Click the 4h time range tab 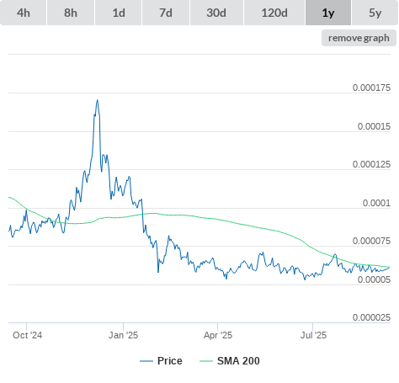pyautogui.click(x=24, y=13)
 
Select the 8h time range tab pyautogui.click(x=71, y=13)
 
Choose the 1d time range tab pyautogui.click(x=119, y=13)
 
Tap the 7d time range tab pyautogui.click(x=166, y=13)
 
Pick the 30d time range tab pyautogui.click(x=216, y=13)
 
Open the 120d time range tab pyautogui.click(x=274, y=13)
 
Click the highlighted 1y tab pyautogui.click(x=328, y=13)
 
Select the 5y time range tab pyautogui.click(x=375, y=13)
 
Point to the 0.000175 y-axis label pyautogui.click(x=371, y=88)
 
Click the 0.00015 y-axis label pyautogui.click(x=374, y=126)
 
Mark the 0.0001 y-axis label pyautogui.click(x=376, y=203)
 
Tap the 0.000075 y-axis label pyautogui.click(x=371, y=241)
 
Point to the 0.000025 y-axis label pyautogui.click(x=371, y=317)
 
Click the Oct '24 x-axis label pyautogui.click(x=27, y=335)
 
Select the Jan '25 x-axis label pyautogui.click(x=123, y=335)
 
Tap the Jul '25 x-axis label pyautogui.click(x=313, y=335)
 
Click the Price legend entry pyautogui.click(x=161, y=361)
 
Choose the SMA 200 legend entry pyautogui.click(x=230, y=361)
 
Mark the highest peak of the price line pyautogui.click(x=98, y=100)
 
